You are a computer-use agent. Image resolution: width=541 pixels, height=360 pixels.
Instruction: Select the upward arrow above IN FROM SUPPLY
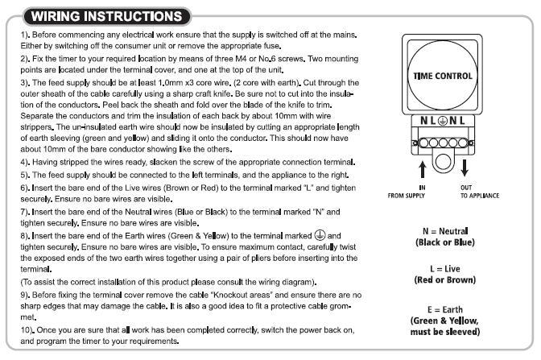click(x=423, y=168)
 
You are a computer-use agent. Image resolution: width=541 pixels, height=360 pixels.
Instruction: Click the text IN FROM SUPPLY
click(x=423, y=192)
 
